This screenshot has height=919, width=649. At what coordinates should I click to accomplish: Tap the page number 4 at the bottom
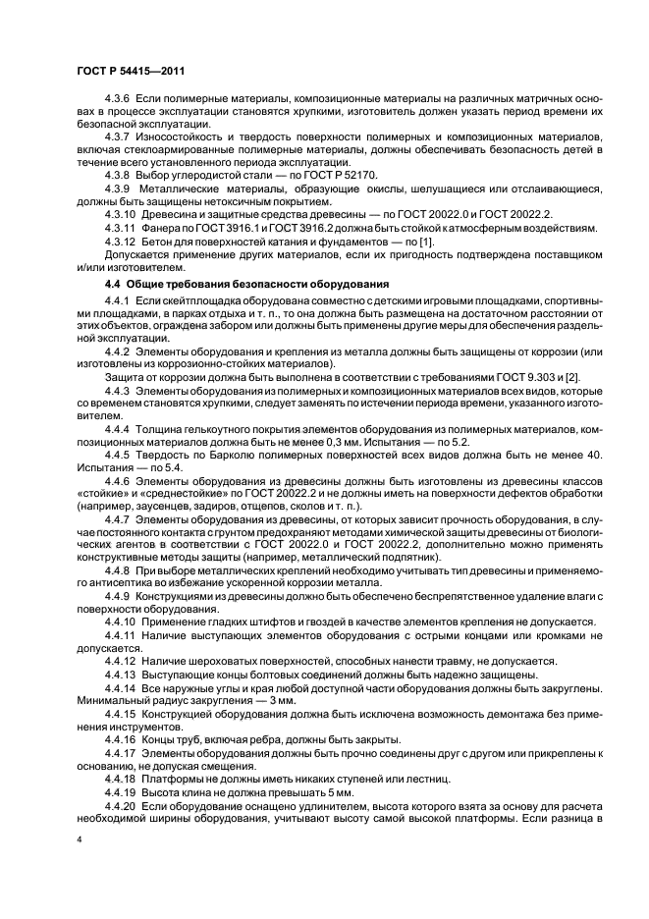click(x=78, y=841)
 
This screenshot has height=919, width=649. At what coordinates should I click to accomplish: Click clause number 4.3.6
click(x=118, y=102)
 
